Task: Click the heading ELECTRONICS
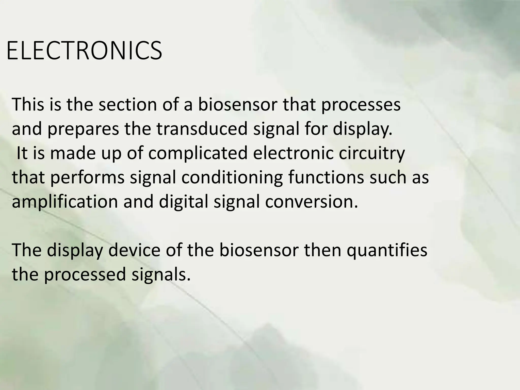click(84, 51)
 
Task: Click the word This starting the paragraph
click(28, 105)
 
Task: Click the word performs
click(87, 178)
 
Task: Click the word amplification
click(65, 202)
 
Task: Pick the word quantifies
click(387, 250)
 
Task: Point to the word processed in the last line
click(85, 275)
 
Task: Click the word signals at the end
click(161, 275)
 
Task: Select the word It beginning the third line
click(22, 153)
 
